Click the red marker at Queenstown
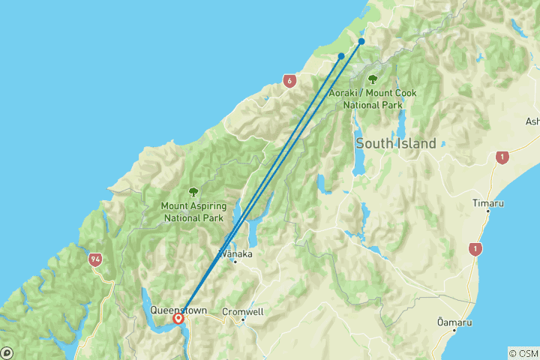tap(178, 319)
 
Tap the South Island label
tap(395, 143)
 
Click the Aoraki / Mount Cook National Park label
tap(373, 98)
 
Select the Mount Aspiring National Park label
tap(193, 211)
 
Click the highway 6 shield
tap(289, 80)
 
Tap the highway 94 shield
tap(94, 259)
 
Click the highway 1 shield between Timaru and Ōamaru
tap(474, 249)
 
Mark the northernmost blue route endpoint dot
tap(361, 41)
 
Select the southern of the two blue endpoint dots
tap(341, 56)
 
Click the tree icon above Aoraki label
tap(373, 79)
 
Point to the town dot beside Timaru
tap(488, 211)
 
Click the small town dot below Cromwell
tap(243, 320)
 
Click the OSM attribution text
tap(523, 353)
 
